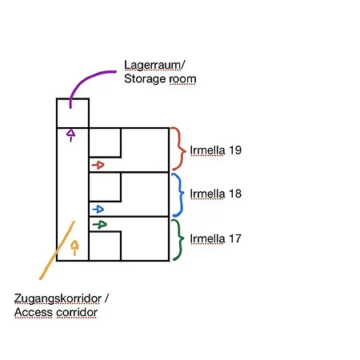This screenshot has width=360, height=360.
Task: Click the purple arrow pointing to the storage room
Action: [70, 135]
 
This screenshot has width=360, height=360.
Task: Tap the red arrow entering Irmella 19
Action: [98, 165]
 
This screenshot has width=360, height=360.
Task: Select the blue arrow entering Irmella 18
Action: [98, 210]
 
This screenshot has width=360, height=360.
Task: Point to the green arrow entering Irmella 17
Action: [100, 225]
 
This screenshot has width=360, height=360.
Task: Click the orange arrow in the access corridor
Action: [74, 248]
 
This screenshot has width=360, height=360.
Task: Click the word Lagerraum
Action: [152, 66]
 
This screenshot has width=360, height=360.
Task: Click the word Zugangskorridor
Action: [58, 299]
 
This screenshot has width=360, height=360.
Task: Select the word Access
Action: [34, 312]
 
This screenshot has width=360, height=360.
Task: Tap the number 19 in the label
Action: [235, 150]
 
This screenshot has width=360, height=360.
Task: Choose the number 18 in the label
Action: [235, 194]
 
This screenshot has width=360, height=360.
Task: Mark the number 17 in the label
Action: [235, 238]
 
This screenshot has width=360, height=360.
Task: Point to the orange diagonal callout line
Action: [57, 250]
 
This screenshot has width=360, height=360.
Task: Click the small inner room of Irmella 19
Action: [105, 142]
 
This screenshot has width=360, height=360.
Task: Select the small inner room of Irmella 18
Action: [105, 187]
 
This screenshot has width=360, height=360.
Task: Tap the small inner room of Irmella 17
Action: [105, 246]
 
